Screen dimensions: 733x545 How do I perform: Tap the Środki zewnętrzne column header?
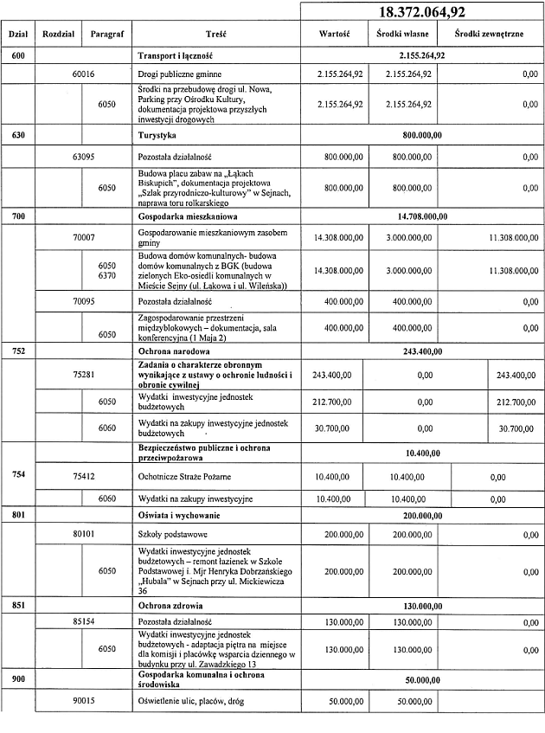click(490, 35)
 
